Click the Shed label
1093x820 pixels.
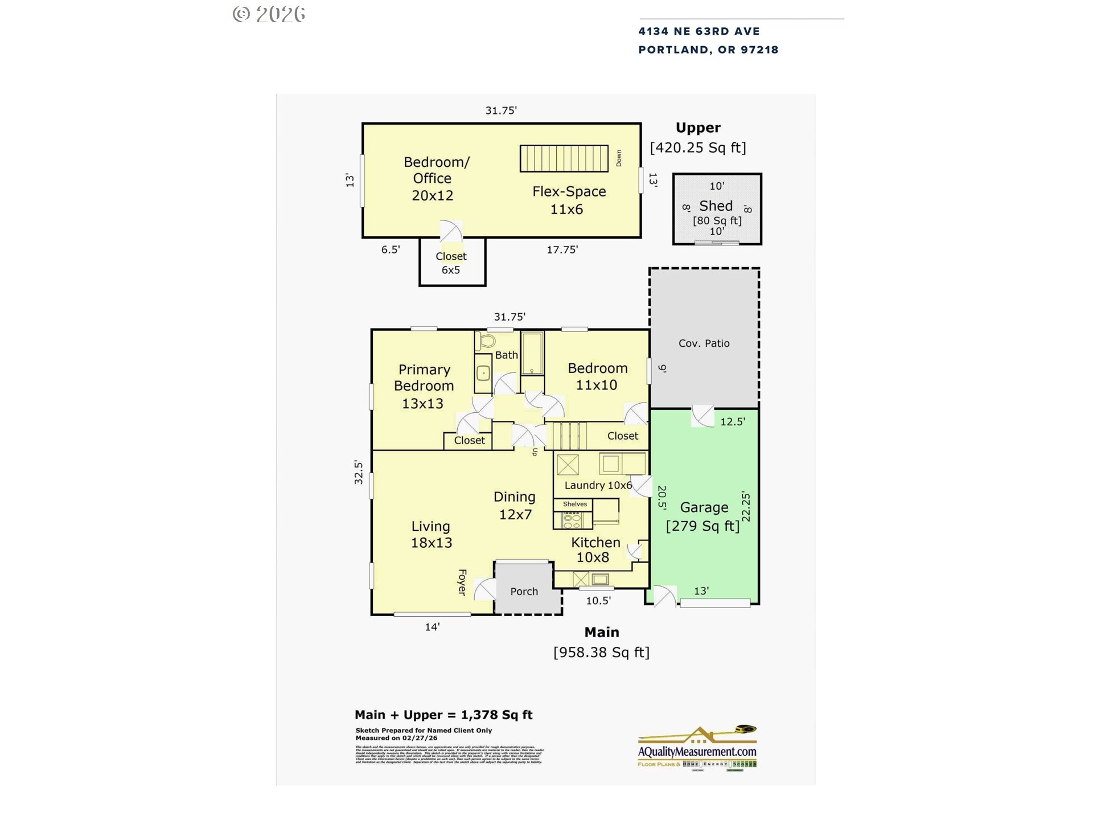(716, 206)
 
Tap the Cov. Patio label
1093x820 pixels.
(704, 343)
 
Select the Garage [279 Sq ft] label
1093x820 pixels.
(703, 516)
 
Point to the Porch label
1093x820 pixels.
(524, 592)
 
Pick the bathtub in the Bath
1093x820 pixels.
(533, 354)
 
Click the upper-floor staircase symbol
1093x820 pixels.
(564, 158)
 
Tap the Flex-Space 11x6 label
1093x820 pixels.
(569, 200)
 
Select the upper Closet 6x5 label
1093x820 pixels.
(451, 263)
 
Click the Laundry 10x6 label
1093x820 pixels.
(598, 485)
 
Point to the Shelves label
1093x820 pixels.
(574, 504)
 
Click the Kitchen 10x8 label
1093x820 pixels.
(595, 550)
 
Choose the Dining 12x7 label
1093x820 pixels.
(515, 506)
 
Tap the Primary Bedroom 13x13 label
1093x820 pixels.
(424, 387)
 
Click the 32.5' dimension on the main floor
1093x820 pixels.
(359, 472)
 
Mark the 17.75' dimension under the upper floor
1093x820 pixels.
(562, 249)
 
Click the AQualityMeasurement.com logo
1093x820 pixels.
(697, 747)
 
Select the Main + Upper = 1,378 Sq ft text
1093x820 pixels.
(443, 715)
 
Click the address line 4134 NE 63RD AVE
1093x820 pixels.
(698, 31)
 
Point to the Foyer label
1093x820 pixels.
(462, 582)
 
